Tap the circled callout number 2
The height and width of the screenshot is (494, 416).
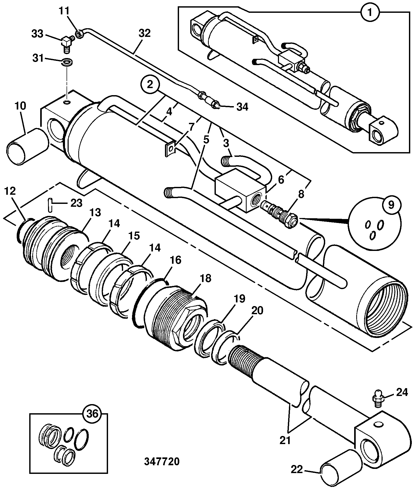click(x=150, y=84)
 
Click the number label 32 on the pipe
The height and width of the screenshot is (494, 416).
click(x=144, y=33)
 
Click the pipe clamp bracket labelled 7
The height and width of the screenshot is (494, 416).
click(x=170, y=149)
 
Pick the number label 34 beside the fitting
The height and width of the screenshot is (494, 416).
click(x=242, y=107)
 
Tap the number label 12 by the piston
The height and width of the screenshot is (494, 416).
click(x=10, y=191)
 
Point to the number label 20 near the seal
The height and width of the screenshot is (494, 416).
click(x=257, y=310)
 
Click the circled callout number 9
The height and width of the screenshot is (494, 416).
click(x=391, y=204)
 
